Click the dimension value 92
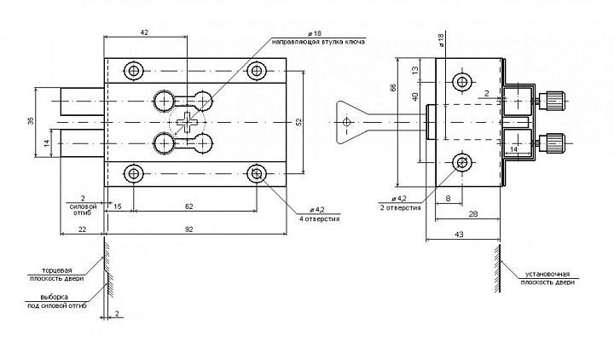pyautogui.click(x=189, y=229)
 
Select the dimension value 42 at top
pyautogui.click(x=144, y=32)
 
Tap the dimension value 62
pyautogui.click(x=189, y=206)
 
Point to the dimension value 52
pyautogui.click(x=298, y=122)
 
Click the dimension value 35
pyautogui.click(x=31, y=121)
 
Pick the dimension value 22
pyautogui.click(x=82, y=229)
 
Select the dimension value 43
pyautogui.click(x=459, y=235)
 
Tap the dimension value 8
pyautogui.click(x=449, y=199)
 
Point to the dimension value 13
pyautogui.click(x=415, y=70)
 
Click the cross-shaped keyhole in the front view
pyautogui.click(x=187, y=123)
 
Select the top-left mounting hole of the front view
pyautogui.click(x=134, y=71)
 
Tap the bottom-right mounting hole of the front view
pyautogui.click(x=257, y=173)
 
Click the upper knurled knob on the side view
pyautogui.click(x=552, y=101)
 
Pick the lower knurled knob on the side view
pyautogui.click(x=552, y=143)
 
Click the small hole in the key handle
pyautogui.click(x=346, y=122)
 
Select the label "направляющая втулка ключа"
pyautogui.click(x=318, y=42)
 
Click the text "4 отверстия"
pyautogui.click(x=320, y=219)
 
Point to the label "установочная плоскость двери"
pyautogui.click(x=547, y=278)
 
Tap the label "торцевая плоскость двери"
pyautogui.click(x=57, y=275)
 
